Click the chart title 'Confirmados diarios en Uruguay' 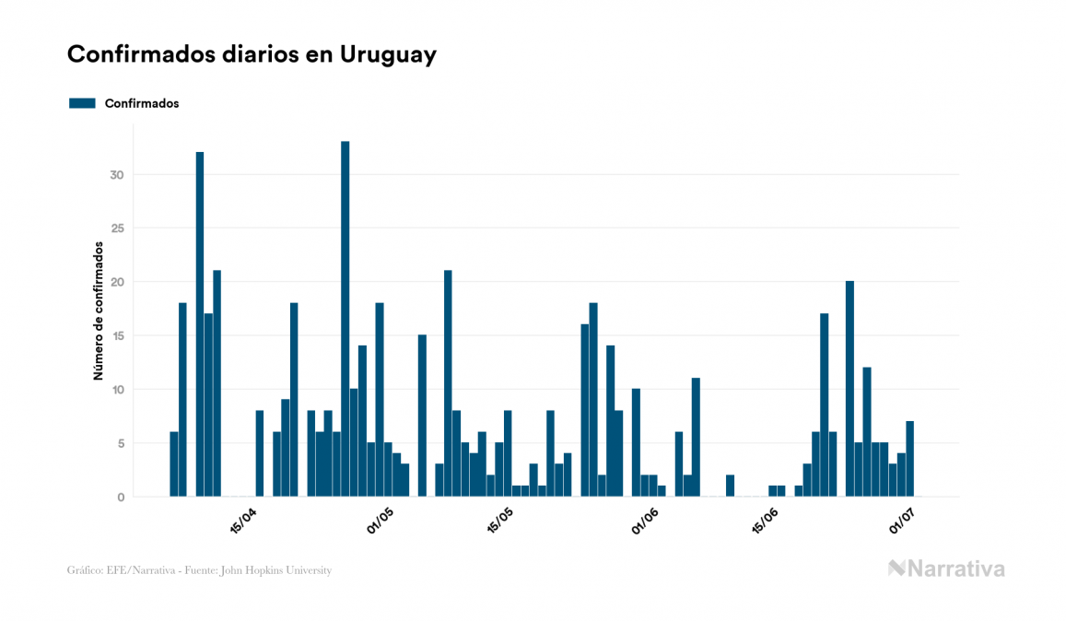252,54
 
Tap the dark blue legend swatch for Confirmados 83,103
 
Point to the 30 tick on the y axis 115,175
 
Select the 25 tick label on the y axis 115,228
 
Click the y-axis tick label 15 115,336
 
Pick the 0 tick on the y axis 119,498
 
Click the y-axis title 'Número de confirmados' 98,311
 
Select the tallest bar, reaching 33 346,319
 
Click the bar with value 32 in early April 200,324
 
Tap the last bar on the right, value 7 909,459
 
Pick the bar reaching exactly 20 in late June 849,389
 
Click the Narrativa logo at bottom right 946,568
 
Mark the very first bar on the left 174,464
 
